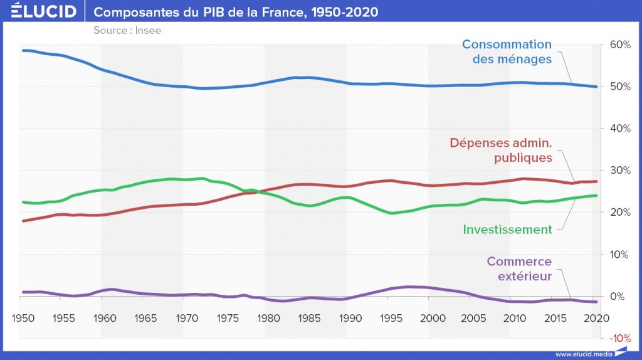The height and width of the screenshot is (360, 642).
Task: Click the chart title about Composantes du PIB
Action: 236,12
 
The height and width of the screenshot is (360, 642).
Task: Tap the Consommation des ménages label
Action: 507,51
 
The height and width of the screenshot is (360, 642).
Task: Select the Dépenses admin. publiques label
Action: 500,150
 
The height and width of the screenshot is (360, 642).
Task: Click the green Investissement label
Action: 507,230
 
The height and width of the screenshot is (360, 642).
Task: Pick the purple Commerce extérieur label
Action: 518,269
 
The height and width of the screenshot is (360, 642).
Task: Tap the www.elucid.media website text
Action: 584,353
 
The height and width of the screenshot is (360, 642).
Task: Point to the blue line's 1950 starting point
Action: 23,50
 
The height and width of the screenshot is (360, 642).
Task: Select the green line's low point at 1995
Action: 391,213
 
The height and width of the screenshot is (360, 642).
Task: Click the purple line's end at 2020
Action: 596,302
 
